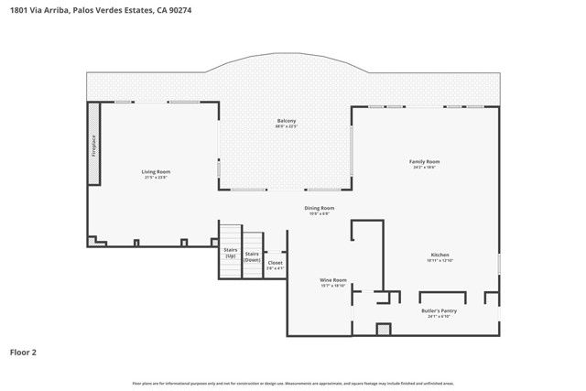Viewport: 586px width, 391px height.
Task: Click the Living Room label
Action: [156, 171]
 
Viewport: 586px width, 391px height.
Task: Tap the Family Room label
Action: [424, 161]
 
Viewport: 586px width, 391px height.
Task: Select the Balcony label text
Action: [287, 121]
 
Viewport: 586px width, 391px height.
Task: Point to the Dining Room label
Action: [320, 208]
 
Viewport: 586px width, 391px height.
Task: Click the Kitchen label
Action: [440, 255]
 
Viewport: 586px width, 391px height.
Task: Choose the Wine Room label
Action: [332, 279]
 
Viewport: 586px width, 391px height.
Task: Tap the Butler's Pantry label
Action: [439, 310]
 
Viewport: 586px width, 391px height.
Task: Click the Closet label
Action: [275, 263]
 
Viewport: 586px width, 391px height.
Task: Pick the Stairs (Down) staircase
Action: [253, 256]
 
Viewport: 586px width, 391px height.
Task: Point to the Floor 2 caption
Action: [24, 352]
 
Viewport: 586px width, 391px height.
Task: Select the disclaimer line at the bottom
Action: [292, 383]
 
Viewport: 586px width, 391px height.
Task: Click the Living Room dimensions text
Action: [156, 178]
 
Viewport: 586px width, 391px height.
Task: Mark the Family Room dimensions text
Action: [424, 168]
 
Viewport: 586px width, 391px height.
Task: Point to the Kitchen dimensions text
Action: [440, 261]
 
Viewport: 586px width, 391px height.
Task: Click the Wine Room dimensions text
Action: [332, 286]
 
